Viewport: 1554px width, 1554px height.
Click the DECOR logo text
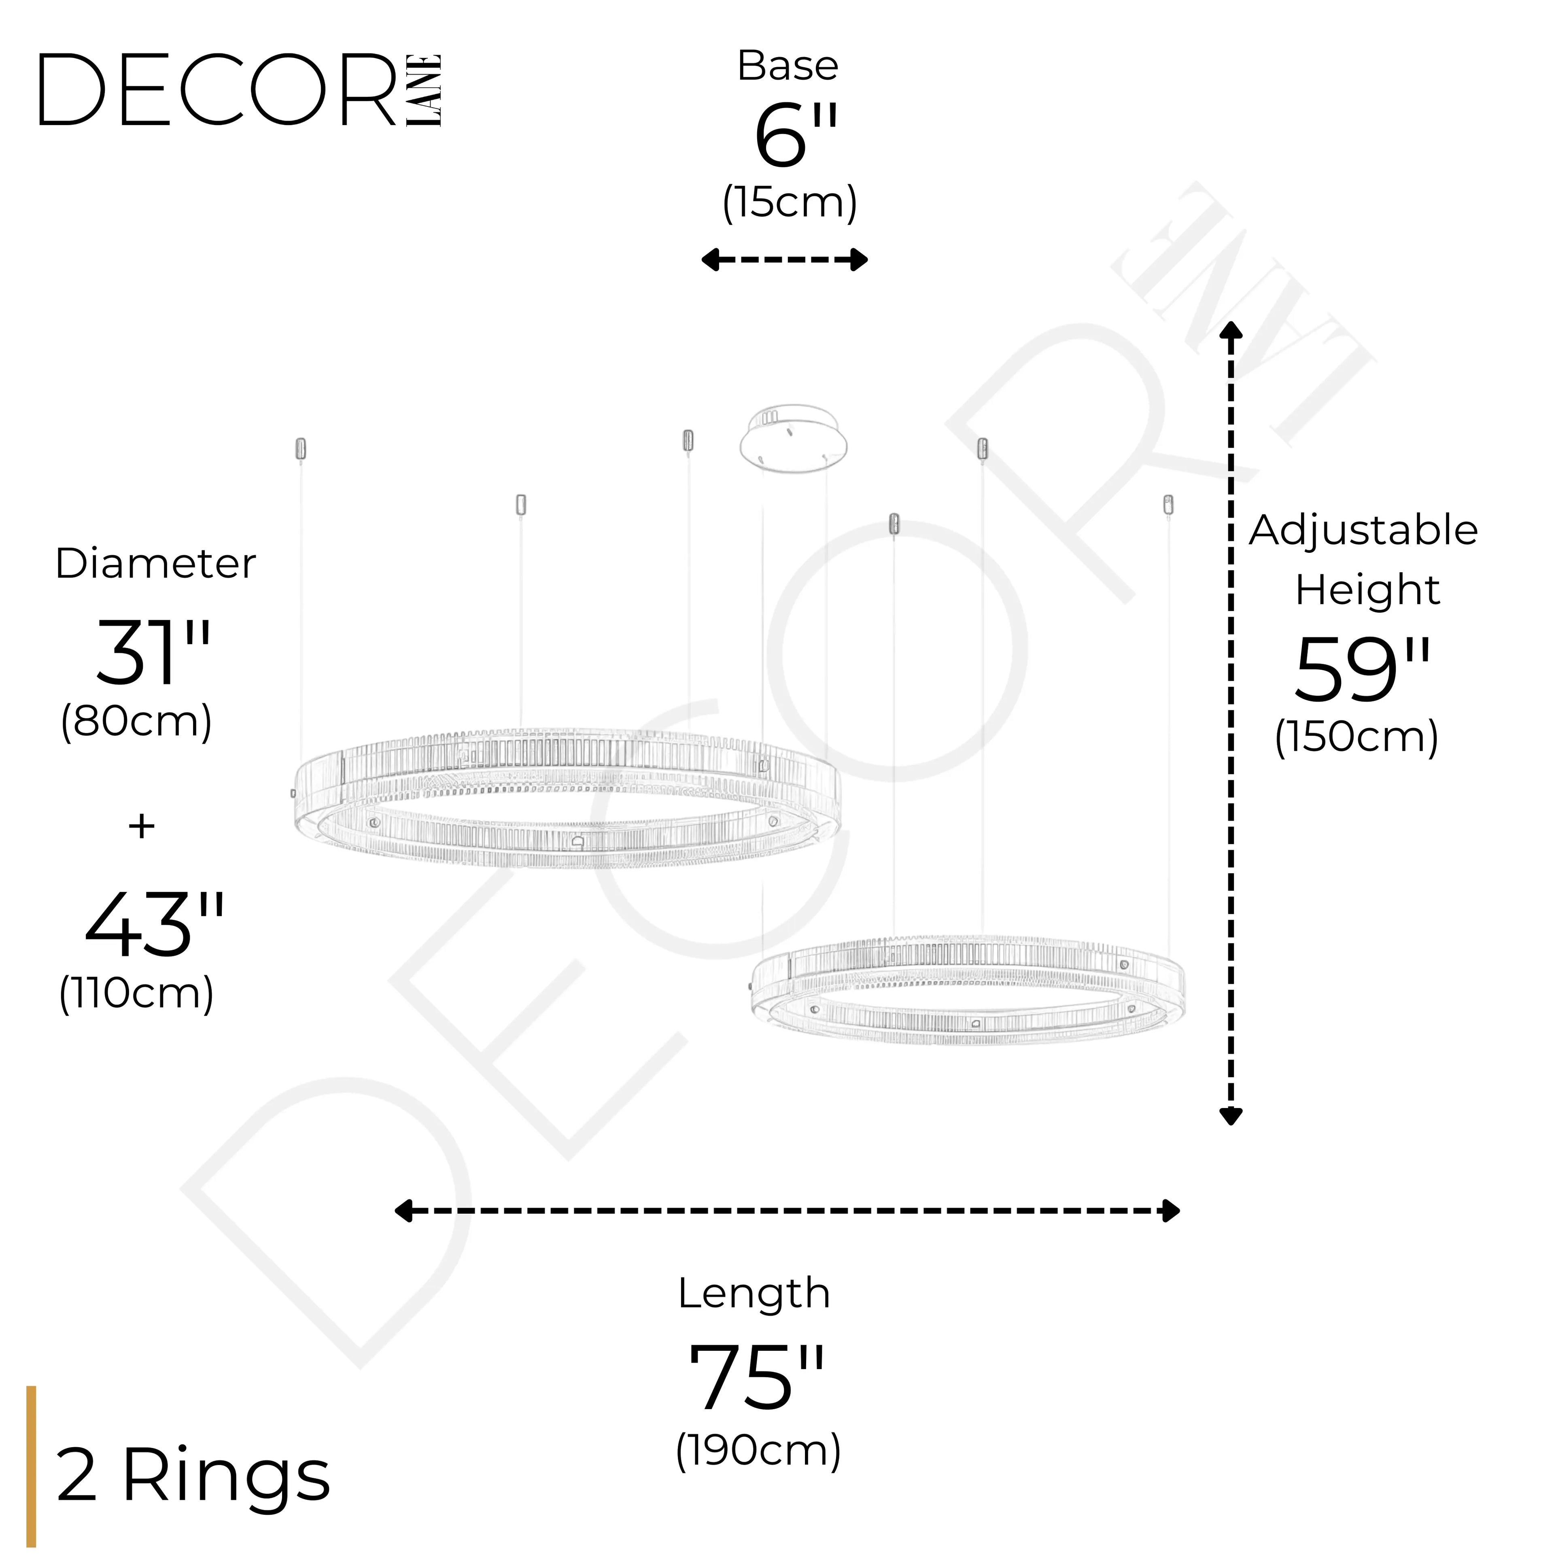click(x=217, y=90)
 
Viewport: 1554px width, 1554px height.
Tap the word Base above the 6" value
click(x=788, y=66)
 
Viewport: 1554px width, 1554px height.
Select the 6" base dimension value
click(x=795, y=137)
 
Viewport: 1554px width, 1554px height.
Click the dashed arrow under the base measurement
click(x=784, y=260)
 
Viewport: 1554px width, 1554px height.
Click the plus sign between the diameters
click(x=142, y=826)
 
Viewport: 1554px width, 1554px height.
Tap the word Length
click(x=754, y=1293)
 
